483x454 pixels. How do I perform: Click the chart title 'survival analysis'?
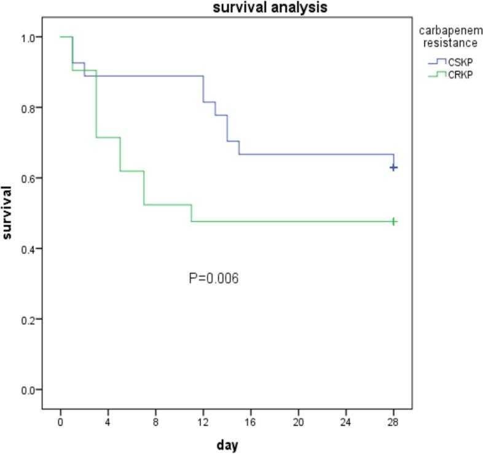tap(270, 8)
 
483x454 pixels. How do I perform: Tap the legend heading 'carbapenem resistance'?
tap(448, 37)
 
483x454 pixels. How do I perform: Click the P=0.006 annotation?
tap(213, 279)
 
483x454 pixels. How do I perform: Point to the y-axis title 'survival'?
tap(8, 212)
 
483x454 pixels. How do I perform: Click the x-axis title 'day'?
tap(227, 444)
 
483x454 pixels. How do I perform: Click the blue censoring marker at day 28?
tap(393, 167)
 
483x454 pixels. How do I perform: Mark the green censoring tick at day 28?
tap(393, 221)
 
